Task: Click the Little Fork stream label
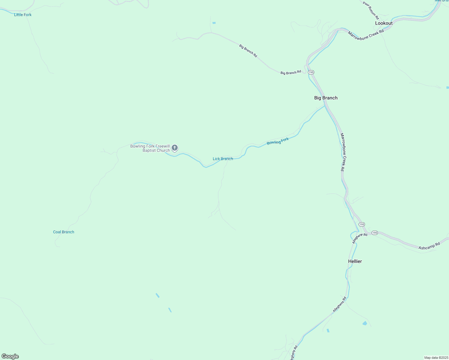coord(23,15)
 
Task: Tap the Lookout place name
coord(384,23)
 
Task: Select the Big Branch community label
coord(326,98)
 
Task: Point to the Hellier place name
coord(355,261)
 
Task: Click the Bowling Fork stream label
coord(278,141)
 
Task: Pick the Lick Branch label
coord(223,159)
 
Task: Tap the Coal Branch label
coord(64,232)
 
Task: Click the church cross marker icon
coord(175,148)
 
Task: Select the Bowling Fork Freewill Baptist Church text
coord(150,148)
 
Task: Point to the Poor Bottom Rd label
coord(371,10)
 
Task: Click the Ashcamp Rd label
coord(429,246)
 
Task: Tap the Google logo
coord(10,356)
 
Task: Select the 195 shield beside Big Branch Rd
coord(311,72)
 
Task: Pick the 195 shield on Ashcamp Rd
coord(375,233)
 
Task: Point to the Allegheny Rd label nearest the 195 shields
coord(360,238)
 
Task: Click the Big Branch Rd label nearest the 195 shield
coord(291,73)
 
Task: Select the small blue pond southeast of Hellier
coord(365,323)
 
